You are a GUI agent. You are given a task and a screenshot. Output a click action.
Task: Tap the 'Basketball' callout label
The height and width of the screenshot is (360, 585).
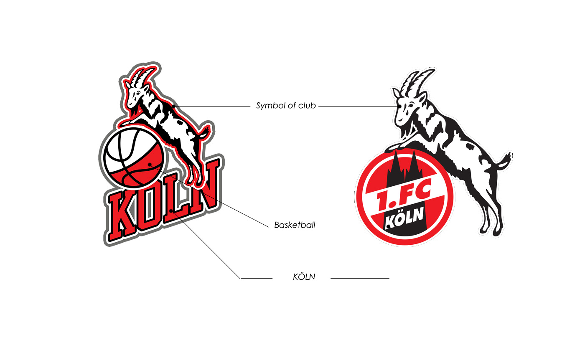click(x=295, y=225)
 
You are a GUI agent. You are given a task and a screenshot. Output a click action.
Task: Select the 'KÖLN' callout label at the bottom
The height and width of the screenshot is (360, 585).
click(x=304, y=277)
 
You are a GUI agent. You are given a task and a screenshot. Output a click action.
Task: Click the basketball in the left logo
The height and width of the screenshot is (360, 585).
click(x=132, y=157)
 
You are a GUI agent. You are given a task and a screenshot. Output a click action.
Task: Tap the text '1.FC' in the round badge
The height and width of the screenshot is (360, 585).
click(x=403, y=199)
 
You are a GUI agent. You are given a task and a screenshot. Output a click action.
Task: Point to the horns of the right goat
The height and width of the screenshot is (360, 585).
click(x=418, y=82)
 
